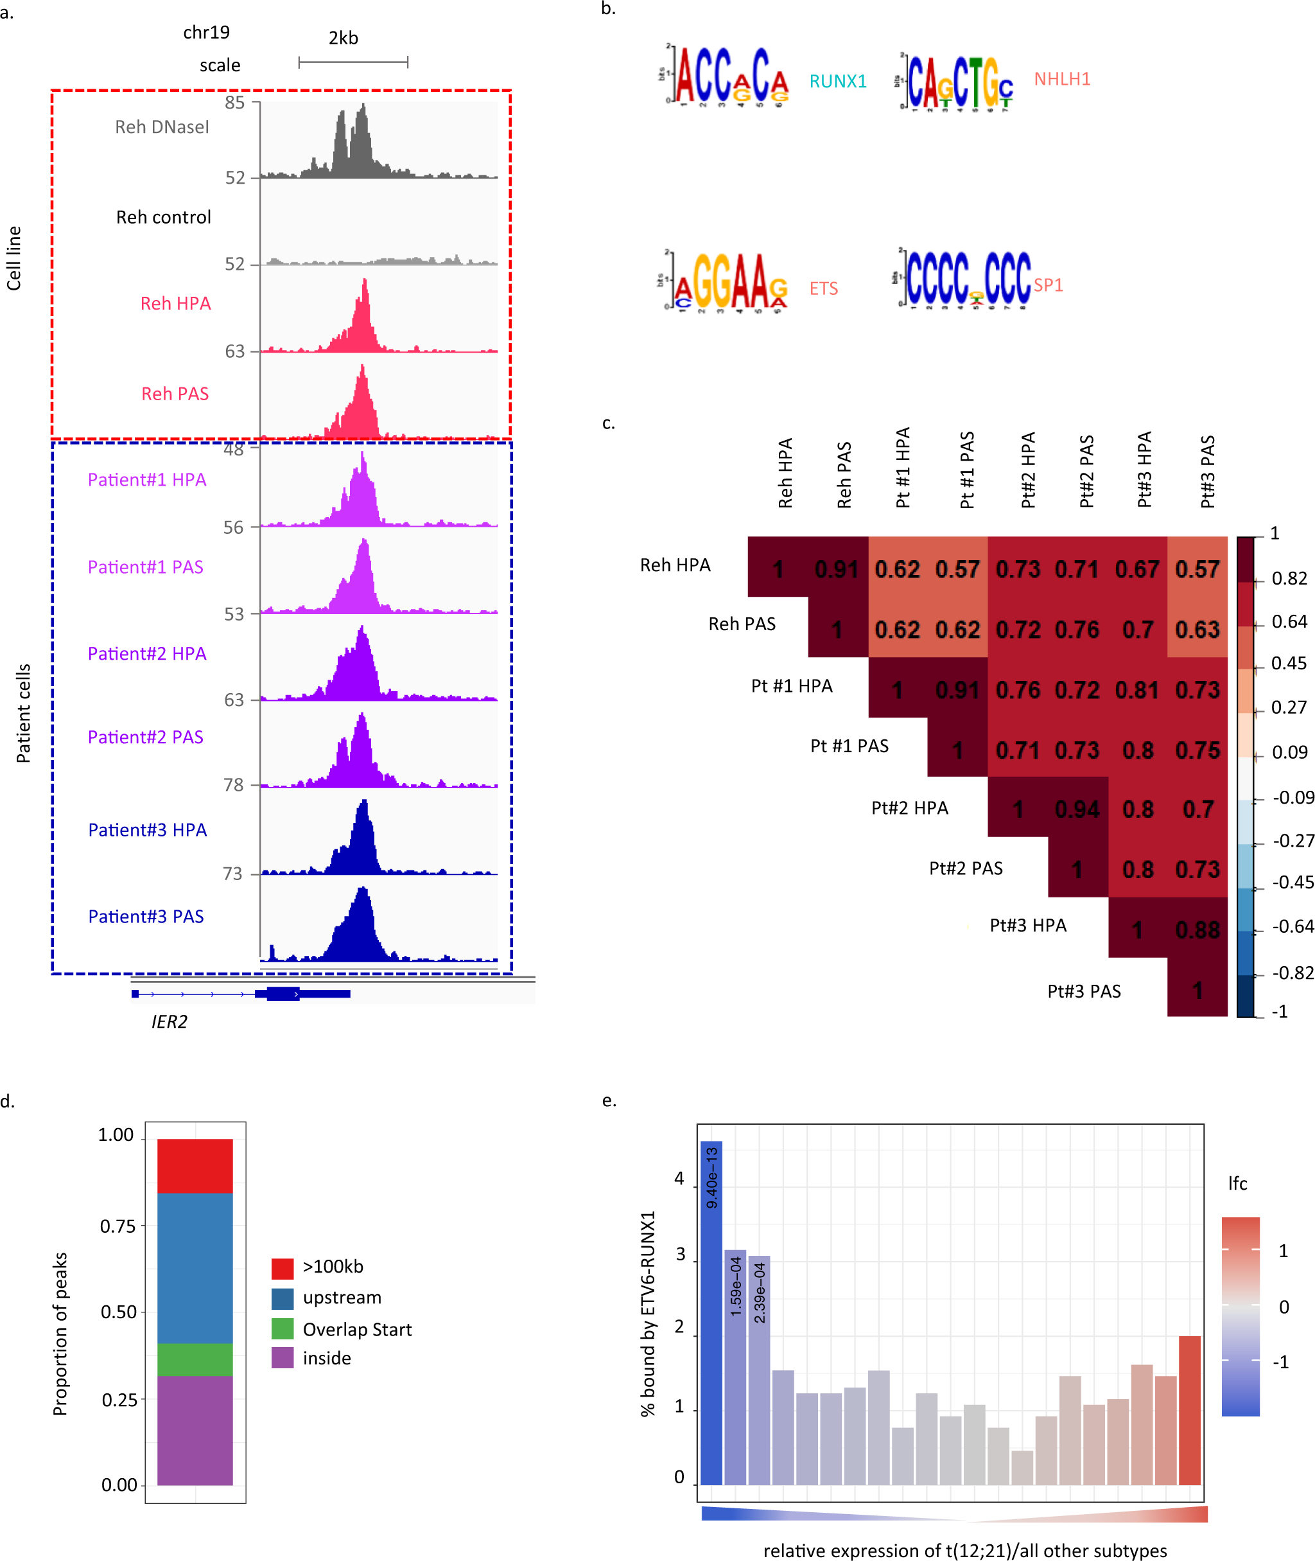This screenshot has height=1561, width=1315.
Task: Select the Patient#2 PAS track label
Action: click(x=145, y=737)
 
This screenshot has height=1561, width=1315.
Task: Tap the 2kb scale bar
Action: click(x=353, y=62)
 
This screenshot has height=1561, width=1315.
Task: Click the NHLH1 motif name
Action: click(x=1061, y=78)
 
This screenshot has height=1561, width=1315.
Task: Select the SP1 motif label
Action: click(x=1047, y=285)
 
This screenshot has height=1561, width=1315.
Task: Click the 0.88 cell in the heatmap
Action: click(x=1197, y=930)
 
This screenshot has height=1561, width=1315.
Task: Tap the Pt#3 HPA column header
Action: click(x=1144, y=470)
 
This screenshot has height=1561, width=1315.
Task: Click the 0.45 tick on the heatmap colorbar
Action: click(x=1288, y=663)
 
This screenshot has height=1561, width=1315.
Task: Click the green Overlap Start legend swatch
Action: click(x=283, y=1328)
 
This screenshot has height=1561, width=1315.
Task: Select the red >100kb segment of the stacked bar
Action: click(x=195, y=1165)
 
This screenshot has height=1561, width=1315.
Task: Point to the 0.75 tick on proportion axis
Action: click(x=118, y=1226)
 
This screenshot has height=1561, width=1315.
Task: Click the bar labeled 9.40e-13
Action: click(x=711, y=1312)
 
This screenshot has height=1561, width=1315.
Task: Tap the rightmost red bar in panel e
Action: click(x=1189, y=1409)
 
